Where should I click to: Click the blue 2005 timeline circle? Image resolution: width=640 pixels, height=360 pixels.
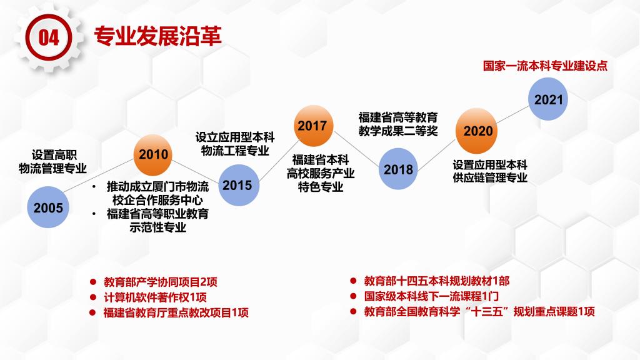[48, 207]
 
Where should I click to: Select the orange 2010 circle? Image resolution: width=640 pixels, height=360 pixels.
[153, 155]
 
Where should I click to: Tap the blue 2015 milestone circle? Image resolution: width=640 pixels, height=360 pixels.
[239, 185]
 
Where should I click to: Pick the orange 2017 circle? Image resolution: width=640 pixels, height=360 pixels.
[313, 126]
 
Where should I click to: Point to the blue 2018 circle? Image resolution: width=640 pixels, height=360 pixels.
[398, 169]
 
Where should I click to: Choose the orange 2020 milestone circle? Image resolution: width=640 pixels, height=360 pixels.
[476, 131]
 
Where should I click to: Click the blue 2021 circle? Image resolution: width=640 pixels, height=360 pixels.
[548, 99]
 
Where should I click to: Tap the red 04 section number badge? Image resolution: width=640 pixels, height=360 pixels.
[49, 37]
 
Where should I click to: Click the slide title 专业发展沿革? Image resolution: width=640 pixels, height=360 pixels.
[158, 36]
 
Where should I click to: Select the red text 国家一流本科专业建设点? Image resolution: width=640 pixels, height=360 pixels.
[545, 65]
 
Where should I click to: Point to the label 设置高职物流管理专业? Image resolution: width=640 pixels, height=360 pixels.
[53, 162]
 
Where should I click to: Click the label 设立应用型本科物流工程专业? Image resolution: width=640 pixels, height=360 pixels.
[235, 144]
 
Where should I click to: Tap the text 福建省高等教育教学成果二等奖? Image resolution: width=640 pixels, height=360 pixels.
[398, 124]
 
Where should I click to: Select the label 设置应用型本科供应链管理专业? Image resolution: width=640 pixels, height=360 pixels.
[490, 171]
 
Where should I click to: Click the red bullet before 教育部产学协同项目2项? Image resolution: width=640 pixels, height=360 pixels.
[93, 282]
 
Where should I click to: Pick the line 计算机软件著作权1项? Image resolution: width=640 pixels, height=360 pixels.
[156, 297]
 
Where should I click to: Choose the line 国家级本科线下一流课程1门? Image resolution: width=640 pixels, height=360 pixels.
[431, 296]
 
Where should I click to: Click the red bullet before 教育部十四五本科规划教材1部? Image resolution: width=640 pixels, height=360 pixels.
[354, 281]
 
